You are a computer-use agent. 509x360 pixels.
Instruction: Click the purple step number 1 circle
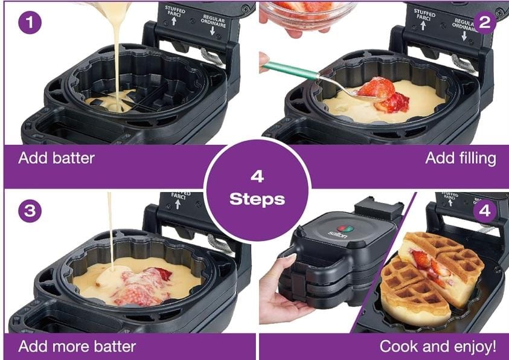pyautogui.click(x=30, y=22)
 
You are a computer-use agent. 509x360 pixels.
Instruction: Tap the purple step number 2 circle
pyautogui.click(x=484, y=22)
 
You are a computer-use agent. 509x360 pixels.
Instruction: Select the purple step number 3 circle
pyautogui.click(x=30, y=211)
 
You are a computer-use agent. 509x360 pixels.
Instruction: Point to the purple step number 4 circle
pyautogui.click(x=484, y=211)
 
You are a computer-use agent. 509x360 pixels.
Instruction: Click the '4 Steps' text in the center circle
pyautogui.click(x=257, y=189)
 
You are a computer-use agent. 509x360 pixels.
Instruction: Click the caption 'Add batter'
pyautogui.click(x=57, y=158)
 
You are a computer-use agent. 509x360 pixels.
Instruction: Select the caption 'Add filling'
pyautogui.click(x=460, y=159)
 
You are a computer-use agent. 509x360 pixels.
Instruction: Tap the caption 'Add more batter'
pyautogui.click(x=77, y=346)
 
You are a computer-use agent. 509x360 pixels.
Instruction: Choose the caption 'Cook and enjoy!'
pyautogui.click(x=438, y=347)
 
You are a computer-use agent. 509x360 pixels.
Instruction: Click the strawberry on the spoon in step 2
pyautogui.click(x=377, y=88)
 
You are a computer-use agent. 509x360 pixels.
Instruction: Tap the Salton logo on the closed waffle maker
pyautogui.click(x=338, y=234)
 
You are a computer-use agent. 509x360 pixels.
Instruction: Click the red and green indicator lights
pyautogui.click(x=345, y=228)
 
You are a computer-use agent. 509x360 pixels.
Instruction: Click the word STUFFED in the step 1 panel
pyautogui.click(x=174, y=9)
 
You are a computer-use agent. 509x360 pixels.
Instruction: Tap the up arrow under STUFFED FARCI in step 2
pyautogui.click(x=423, y=25)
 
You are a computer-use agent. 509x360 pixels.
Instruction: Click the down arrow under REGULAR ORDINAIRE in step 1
pyautogui.click(x=213, y=31)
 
